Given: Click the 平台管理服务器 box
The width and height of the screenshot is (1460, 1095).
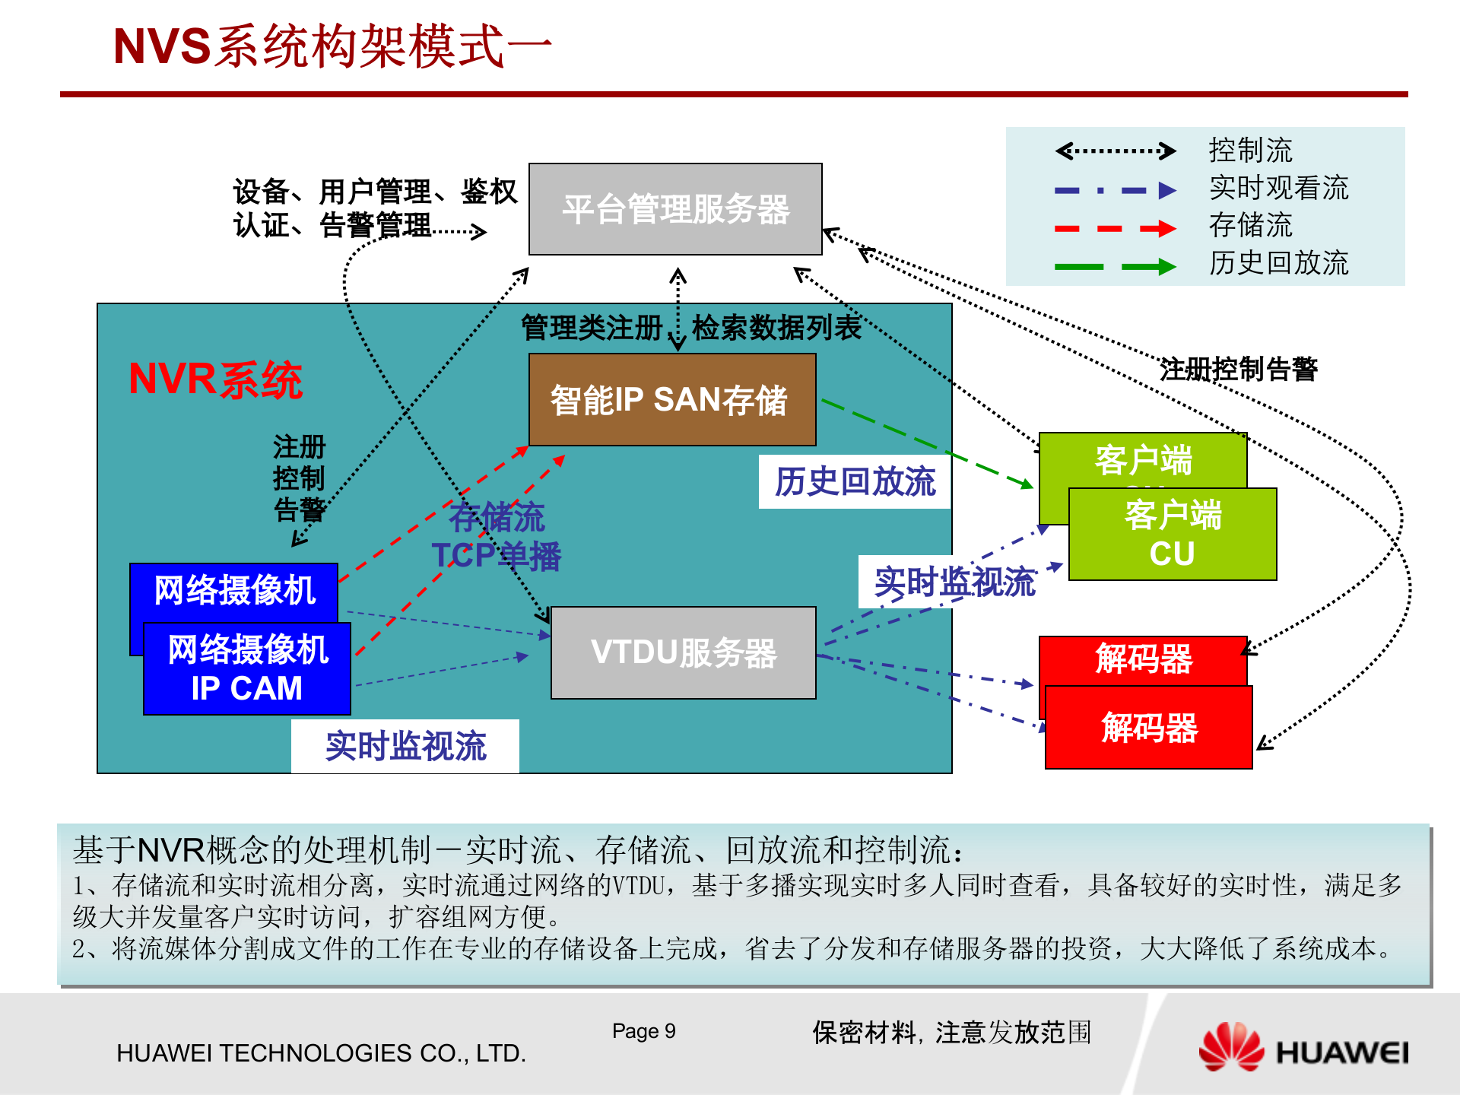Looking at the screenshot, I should pyautogui.click(x=675, y=209).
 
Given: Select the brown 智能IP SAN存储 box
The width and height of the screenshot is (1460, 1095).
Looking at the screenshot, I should pyautogui.click(x=672, y=400).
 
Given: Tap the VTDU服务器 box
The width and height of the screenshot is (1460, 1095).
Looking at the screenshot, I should pyautogui.click(x=683, y=652).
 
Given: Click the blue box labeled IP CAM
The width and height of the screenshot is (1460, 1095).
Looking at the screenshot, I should pyautogui.click(x=246, y=669).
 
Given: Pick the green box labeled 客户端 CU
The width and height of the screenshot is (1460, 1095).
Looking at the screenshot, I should pyautogui.click(x=1172, y=535).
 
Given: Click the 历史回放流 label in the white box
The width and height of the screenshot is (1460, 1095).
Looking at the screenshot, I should pyautogui.click(x=855, y=481).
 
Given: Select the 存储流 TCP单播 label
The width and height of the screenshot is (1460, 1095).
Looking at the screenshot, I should pyautogui.click(x=497, y=537).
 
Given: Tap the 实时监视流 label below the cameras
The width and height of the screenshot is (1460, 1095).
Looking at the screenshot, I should pyautogui.click(x=405, y=746).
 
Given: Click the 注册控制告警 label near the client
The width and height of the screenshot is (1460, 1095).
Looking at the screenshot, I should pyautogui.click(x=1238, y=369).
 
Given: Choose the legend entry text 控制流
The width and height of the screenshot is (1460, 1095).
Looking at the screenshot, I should pyautogui.click(x=1250, y=151).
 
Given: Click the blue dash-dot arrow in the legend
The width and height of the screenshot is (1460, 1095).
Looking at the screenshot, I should pyautogui.click(x=1115, y=190).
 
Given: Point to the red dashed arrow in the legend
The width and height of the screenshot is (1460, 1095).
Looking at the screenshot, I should pyautogui.click(x=1115, y=228).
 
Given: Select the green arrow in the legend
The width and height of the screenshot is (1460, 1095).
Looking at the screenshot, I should pyautogui.click(x=1115, y=266).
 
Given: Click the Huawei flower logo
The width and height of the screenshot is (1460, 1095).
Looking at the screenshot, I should pyautogui.click(x=1230, y=1047).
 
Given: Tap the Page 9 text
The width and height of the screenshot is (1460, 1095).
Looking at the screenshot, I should pyautogui.click(x=643, y=1031).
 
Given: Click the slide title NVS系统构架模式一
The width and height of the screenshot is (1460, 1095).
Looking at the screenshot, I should pyautogui.click(x=332, y=46).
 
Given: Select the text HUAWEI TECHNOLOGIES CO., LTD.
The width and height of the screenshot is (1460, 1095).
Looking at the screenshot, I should pyautogui.click(x=321, y=1053).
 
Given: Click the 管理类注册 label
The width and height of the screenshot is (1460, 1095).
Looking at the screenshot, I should pyautogui.click(x=592, y=328).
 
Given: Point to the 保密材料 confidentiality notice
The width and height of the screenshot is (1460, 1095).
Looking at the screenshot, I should pyautogui.click(x=951, y=1033).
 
